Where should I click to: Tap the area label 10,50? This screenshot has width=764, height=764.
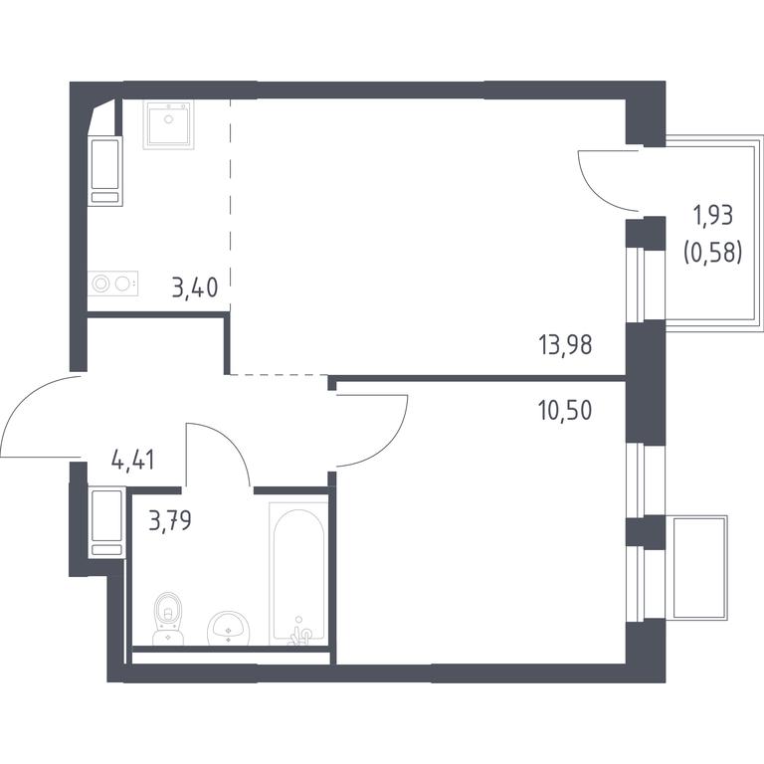click(565, 411)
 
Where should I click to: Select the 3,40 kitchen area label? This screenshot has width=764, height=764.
click(194, 287)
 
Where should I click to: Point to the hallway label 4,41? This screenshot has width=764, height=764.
click(133, 460)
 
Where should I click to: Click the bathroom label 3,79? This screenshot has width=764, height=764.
click(170, 520)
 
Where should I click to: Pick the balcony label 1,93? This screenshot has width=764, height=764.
click(713, 215)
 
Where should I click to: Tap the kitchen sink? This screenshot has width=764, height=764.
click(168, 124)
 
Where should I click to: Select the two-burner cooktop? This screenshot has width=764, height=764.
click(113, 284)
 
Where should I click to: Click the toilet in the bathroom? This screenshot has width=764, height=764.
click(167, 618)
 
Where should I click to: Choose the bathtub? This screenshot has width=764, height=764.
click(298, 573)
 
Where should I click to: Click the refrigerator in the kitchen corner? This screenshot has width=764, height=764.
click(105, 171)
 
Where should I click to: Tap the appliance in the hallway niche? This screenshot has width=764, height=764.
click(106, 522)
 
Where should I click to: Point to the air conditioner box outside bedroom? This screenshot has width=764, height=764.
click(699, 568)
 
